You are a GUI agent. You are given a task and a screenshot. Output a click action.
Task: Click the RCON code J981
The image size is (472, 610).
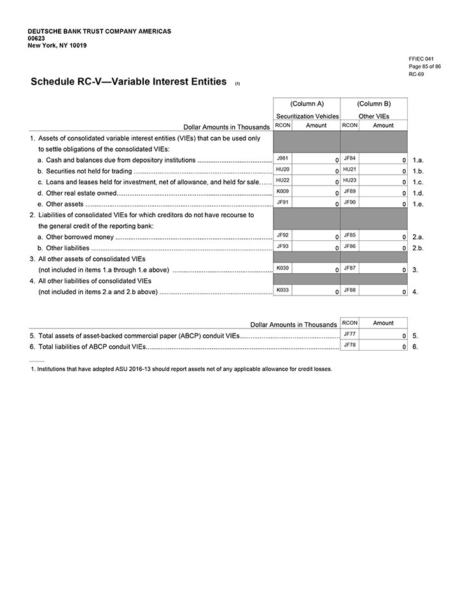[281, 158]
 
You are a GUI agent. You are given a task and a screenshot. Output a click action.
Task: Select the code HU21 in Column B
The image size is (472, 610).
[349, 169]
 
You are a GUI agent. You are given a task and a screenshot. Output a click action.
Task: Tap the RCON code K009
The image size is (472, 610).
[282, 191]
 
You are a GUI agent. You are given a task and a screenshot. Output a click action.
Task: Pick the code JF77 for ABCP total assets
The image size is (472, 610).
[349, 333]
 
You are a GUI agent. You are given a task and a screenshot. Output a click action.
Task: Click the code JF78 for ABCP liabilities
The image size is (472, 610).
[349, 344]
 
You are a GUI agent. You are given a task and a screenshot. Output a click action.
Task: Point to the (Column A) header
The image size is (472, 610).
[307, 104]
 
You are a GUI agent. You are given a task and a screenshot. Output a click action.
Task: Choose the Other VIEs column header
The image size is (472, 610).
[373, 116]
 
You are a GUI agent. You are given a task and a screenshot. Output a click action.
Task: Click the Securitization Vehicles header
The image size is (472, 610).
[307, 116]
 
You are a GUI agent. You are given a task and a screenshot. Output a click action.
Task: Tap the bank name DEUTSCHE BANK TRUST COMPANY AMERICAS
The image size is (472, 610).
[99, 31]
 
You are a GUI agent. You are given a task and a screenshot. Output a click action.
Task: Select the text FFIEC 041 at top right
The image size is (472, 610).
[421, 59]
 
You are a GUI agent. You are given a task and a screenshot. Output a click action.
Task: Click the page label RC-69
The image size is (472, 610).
[417, 74]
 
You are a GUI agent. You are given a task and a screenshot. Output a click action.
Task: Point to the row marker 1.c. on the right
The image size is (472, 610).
[418, 182]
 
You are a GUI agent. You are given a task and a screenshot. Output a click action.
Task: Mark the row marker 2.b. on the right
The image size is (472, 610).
[418, 248]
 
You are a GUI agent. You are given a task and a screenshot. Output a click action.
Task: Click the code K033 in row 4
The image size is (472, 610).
[283, 290]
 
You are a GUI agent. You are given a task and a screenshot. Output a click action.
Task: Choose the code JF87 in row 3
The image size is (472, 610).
[349, 268]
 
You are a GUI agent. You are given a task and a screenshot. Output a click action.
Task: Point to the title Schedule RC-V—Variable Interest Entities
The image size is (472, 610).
[128, 82]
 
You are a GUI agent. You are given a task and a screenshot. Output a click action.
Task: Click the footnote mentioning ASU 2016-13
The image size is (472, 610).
[184, 369]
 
